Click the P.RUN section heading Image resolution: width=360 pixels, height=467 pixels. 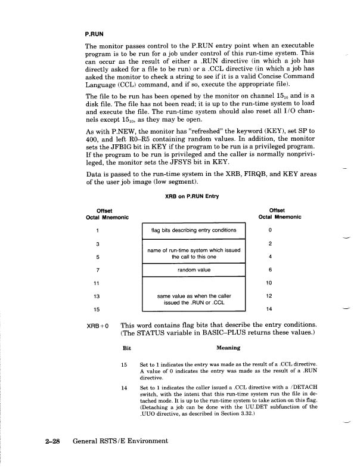[x=96, y=34]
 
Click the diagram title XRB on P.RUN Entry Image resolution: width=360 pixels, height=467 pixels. [x=194, y=197]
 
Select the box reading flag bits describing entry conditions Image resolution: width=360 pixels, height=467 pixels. [x=194, y=230]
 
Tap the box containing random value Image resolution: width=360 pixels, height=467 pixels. [x=194, y=270]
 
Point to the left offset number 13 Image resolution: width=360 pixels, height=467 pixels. [x=96, y=296]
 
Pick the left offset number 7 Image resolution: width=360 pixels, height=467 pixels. [x=96, y=270]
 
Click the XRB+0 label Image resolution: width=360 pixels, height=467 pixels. [x=99, y=326]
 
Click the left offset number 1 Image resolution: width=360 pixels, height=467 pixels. [x=96, y=230]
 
